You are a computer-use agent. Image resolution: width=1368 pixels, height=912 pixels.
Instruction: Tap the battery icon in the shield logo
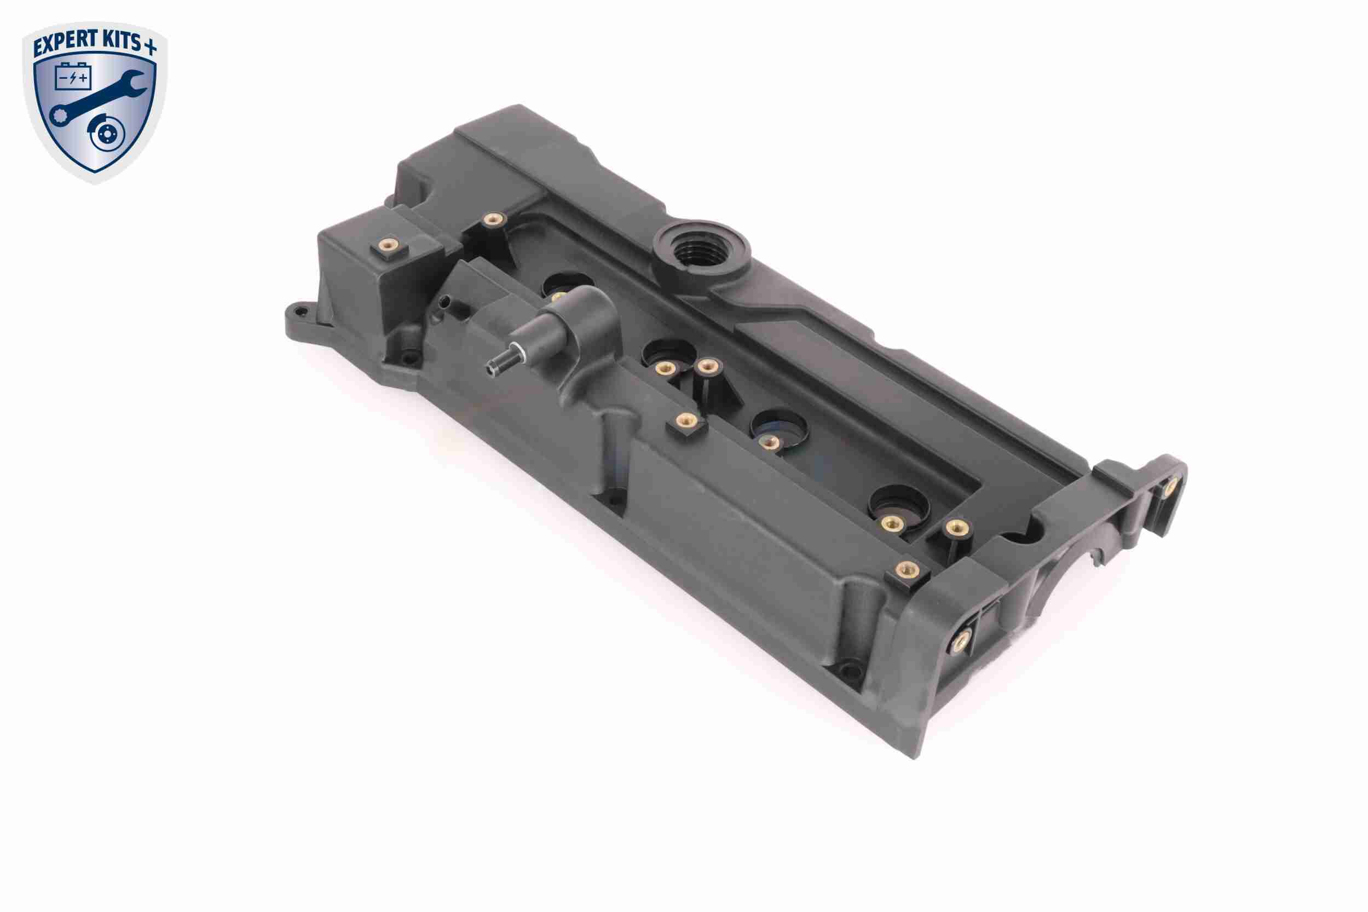[73, 77]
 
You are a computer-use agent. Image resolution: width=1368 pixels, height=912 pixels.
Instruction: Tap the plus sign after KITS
[151, 48]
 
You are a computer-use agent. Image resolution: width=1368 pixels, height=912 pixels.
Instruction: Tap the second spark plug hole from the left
[669, 355]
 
